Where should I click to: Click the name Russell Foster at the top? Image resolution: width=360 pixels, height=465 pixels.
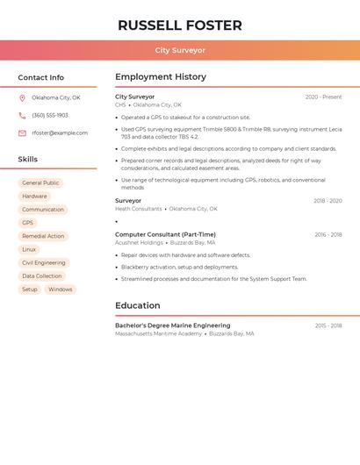coord(180,25)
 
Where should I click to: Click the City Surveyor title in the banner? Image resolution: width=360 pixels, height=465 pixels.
coord(180,51)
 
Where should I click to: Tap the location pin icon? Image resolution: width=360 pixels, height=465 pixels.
coord(22,97)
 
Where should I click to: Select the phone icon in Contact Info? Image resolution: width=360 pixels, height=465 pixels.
coord(22,115)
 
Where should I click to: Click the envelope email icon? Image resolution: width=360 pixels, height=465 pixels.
coord(22,133)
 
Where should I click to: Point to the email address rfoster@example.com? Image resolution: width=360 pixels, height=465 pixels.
coord(60,133)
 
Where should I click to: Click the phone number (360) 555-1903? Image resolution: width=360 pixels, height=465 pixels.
coord(50,115)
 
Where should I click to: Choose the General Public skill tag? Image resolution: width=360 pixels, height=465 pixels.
coord(40,183)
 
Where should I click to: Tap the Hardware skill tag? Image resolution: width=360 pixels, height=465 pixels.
coord(34,197)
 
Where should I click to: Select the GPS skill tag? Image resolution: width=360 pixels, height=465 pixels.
coord(27,223)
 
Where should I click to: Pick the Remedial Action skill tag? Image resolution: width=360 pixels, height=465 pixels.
coord(43,236)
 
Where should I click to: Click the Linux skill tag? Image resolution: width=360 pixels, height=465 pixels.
coord(29,249)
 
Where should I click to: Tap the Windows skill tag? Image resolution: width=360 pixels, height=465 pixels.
coord(60,290)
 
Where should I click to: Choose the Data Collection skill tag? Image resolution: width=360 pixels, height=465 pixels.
coord(42,276)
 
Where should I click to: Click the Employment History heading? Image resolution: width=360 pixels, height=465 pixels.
coord(161,77)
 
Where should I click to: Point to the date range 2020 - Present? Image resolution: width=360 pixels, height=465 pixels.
coord(323,97)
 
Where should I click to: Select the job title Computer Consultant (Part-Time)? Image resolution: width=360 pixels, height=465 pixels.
coord(165,234)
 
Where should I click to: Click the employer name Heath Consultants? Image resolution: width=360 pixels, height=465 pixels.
coord(139,209)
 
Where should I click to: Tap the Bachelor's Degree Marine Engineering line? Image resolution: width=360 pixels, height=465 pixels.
coord(172,325)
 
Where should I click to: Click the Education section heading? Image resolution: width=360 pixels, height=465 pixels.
coord(138,305)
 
